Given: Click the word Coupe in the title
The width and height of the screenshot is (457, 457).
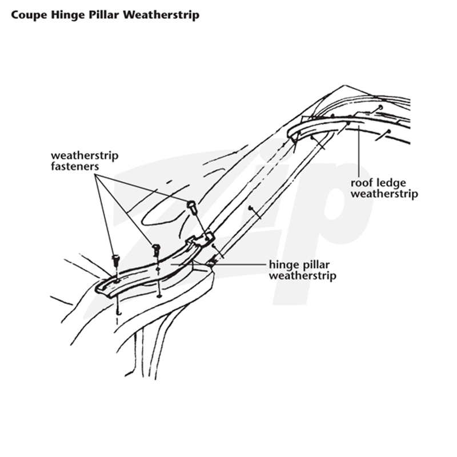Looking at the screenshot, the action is click(x=29, y=15).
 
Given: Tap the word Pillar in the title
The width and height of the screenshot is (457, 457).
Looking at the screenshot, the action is click(x=104, y=15).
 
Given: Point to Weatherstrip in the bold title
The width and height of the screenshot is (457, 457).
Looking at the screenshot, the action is click(x=161, y=15).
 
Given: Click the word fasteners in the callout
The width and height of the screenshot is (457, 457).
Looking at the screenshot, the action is click(x=75, y=166).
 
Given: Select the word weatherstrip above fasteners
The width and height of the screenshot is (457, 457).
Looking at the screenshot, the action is click(x=85, y=155).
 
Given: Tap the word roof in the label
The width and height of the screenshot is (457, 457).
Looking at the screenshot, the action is click(x=362, y=183).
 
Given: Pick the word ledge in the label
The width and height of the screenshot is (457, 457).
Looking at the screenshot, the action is click(x=391, y=183).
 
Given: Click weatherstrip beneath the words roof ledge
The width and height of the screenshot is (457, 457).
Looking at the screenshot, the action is click(x=384, y=194).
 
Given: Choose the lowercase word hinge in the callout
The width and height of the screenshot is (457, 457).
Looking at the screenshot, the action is click(x=283, y=265).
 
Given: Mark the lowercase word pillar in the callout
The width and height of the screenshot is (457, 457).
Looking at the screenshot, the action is click(x=315, y=264).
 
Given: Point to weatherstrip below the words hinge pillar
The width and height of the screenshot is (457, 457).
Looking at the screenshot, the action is click(x=303, y=275).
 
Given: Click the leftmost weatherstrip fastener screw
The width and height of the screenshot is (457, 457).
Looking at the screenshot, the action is click(x=116, y=260).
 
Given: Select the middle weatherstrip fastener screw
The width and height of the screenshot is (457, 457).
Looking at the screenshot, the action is click(x=156, y=250).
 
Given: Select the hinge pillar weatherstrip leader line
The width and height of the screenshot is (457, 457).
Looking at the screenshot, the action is click(x=219, y=264).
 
